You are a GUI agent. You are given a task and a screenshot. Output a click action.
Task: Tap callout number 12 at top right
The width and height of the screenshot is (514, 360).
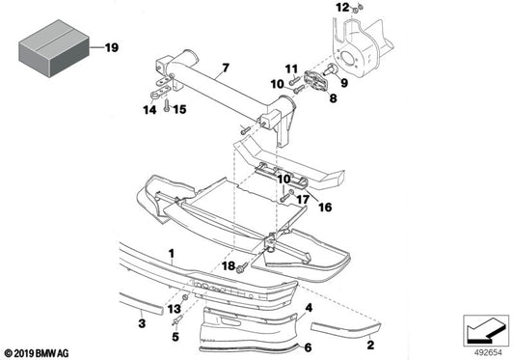pyautogui.click(x=340, y=8)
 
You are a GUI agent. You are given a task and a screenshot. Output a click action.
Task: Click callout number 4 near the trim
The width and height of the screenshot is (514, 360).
pyautogui.click(x=308, y=308)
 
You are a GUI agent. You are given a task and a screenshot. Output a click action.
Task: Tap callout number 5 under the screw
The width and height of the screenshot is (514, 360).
pyautogui.click(x=176, y=338)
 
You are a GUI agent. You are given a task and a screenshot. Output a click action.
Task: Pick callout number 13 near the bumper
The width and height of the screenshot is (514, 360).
pyautogui.click(x=174, y=309)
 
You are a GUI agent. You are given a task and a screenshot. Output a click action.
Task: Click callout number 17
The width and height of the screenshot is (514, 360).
pyautogui.click(x=302, y=200)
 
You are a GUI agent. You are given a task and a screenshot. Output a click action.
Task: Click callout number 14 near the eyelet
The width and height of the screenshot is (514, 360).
pyautogui.click(x=148, y=109)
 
